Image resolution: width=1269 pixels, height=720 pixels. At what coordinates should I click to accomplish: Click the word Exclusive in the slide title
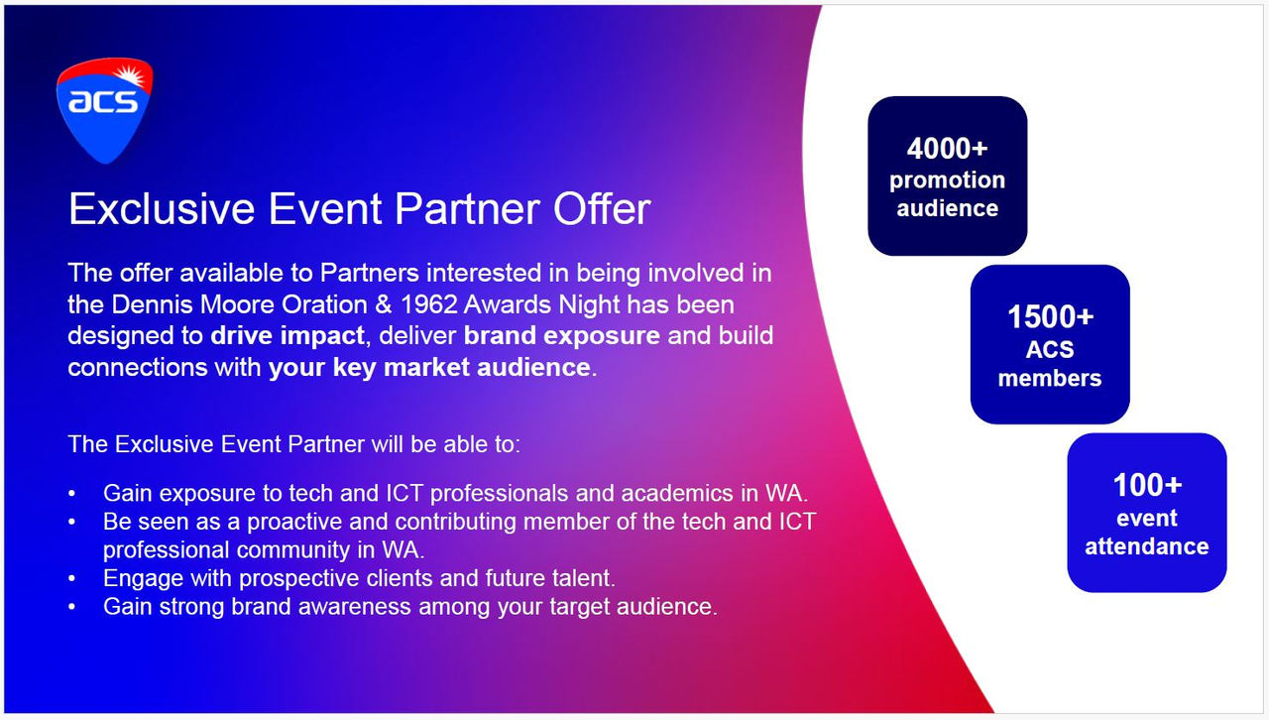[162, 208]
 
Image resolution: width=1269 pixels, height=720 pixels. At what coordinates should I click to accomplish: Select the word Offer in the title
[602, 208]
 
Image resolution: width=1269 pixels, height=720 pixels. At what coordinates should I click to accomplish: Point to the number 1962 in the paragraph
[429, 304]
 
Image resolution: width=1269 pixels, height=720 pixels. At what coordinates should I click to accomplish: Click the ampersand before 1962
[384, 304]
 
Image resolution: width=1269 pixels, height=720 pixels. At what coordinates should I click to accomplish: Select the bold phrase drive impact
[288, 335]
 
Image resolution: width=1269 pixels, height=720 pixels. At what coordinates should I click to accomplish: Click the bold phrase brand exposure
[561, 335]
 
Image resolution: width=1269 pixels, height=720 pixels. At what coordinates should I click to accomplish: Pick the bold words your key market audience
[429, 367]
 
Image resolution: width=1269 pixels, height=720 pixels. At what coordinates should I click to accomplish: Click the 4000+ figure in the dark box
[947, 149]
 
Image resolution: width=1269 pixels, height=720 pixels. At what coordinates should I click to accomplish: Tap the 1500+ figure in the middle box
[1050, 316]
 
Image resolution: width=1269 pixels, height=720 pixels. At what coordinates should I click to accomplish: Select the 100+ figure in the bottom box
[1147, 485]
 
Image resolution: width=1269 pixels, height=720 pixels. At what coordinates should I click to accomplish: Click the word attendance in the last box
[1147, 546]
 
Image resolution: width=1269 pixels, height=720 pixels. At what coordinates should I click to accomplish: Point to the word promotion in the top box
[947, 180]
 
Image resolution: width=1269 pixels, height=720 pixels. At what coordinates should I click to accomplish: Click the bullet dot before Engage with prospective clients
[71, 579]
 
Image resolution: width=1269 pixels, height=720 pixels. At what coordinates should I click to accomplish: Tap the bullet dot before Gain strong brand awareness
[71, 607]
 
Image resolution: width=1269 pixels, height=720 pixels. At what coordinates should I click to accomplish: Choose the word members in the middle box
[1050, 378]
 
